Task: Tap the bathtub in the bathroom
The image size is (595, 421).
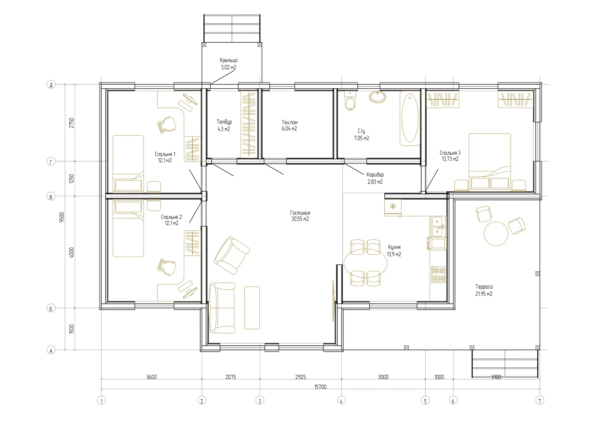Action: click(410, 118)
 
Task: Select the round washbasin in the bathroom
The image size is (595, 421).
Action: click(377, 97)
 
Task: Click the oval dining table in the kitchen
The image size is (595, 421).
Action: click(366, 263)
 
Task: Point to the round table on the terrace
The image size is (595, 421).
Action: click(496, 234)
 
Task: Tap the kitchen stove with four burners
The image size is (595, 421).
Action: click(438, 274)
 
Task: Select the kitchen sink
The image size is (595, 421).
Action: click(438, 227)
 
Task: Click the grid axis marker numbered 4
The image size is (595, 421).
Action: click(342, 401)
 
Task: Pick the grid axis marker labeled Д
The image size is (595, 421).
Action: click(51, 84)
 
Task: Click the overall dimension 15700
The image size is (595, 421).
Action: click(320, 387)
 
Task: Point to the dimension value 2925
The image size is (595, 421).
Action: click(300, 377)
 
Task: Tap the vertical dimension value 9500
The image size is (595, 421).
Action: click(62, 217)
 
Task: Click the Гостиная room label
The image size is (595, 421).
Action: click(300, 213)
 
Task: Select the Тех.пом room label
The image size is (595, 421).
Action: click(289, 122)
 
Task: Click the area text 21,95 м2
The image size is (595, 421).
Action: click(484, 294)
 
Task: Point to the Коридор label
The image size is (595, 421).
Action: click(375, 175)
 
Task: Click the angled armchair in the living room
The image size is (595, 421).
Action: click(232, 255)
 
